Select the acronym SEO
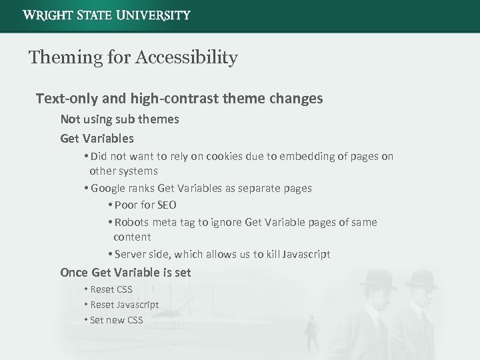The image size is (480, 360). (x=167, y=205)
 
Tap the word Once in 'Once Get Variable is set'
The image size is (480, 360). (x=74, y=272)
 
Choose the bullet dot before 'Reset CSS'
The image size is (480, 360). (x=87, y=289)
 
